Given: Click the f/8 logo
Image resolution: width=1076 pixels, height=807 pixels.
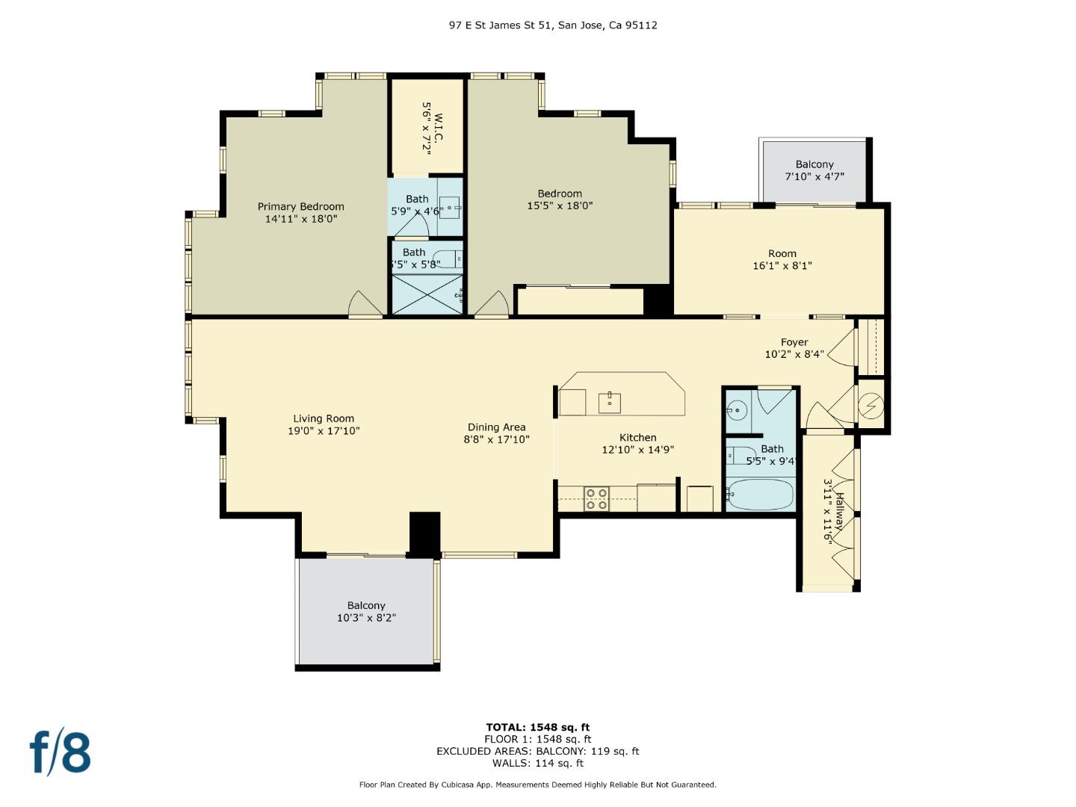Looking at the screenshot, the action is click(61, 752).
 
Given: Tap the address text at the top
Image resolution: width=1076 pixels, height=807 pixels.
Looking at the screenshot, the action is click(553, 25).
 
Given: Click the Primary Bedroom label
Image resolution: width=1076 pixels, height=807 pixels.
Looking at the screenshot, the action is click(301, 213).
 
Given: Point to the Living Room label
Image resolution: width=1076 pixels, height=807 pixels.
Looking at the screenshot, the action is click(324, 424).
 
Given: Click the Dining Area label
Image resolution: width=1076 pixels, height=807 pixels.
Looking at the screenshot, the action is click(497, 433).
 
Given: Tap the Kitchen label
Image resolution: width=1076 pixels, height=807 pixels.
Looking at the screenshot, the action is click(638, 443).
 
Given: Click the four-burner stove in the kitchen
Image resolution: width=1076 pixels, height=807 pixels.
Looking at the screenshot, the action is click(596, 499).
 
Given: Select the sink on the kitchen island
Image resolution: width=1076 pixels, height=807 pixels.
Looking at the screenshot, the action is click(610, 403).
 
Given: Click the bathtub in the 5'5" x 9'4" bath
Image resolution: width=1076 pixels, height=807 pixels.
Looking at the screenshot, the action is click(760, 494).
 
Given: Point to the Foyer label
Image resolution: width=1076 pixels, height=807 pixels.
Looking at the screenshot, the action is click(794, 348).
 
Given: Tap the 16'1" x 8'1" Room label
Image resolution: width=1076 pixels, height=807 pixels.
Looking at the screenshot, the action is click(782, 260).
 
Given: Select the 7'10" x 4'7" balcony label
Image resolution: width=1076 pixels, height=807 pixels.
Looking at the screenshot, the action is click(814, 170).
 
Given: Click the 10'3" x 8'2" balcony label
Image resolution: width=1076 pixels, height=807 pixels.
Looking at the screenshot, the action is click(366, 611).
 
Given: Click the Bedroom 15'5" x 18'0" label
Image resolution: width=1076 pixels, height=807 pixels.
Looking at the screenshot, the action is click(560, 200).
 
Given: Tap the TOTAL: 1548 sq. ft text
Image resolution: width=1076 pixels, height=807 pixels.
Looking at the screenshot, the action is click(538, 727).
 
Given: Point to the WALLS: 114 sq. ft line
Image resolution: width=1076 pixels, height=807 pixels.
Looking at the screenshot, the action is click(538, 763).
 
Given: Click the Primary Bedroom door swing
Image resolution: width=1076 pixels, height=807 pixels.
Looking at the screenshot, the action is click(365, 304).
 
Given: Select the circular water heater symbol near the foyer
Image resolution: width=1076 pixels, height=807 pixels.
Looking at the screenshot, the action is click(871, 406).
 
